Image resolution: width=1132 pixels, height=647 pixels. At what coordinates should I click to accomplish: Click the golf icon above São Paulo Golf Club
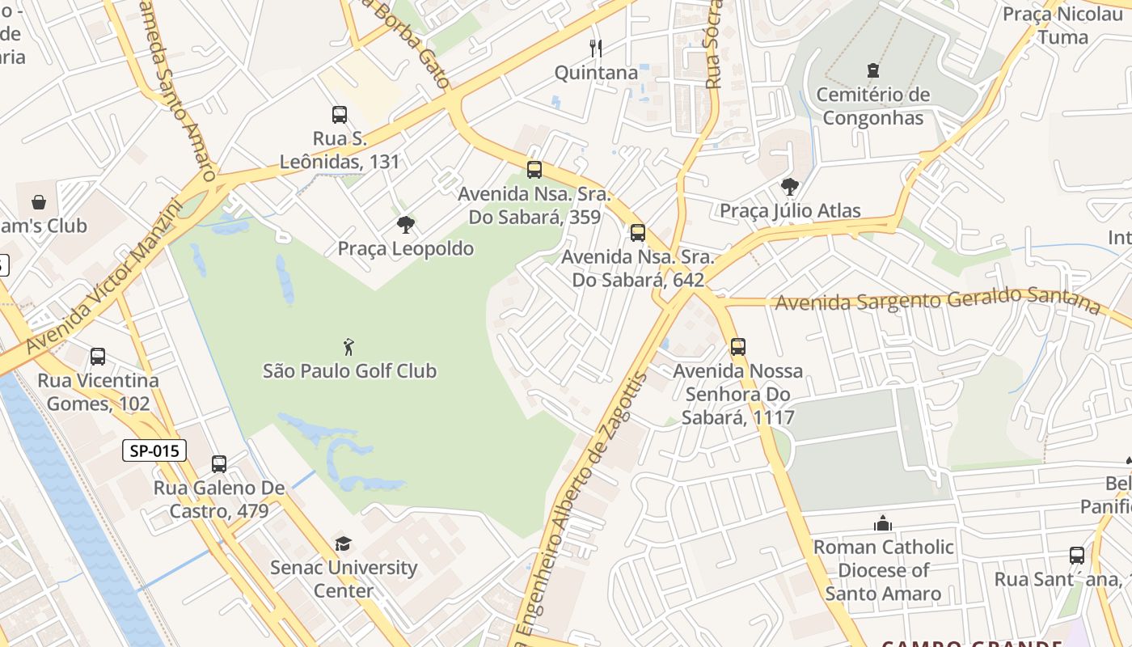pyautogui.click(x=348, y=347)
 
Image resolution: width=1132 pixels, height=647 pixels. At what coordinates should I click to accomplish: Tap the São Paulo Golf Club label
pyautogui.click(x=349, y=371)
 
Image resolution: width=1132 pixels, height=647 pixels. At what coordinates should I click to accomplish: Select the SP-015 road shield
pyautogui.click(x=154, y=450)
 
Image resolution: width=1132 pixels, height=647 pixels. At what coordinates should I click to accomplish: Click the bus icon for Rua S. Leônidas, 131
pyautogui.click(x=340, y=115)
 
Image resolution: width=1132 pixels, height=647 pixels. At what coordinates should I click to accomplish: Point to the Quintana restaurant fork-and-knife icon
pyautogui.click(x=596, y=48)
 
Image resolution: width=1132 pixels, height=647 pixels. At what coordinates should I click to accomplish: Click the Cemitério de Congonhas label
pyautogui.click(x=872, y=106)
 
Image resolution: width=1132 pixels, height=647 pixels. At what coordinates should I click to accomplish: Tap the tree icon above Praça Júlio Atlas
pyautogui.click(x=790, y=188)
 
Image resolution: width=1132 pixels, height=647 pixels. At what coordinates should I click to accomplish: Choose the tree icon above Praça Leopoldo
pyautogui.click(x=406, y=225)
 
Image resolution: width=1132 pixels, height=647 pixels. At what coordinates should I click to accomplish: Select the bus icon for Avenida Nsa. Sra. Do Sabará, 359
pyautogui.click(x=534, y=170)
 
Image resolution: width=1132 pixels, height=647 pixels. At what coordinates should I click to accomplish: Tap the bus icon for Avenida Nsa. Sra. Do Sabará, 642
pyautogui.click(x=638, y=233)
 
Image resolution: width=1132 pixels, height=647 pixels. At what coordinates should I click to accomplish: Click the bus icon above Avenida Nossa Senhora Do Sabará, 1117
pyautogui.click(x=738, y=347)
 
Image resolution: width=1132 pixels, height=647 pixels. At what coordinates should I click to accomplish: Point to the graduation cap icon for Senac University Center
pyautogui.click(x=344, y=543)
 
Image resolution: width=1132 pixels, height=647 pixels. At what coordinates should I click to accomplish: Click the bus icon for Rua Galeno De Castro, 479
pyautogui.click(x=219, y=464)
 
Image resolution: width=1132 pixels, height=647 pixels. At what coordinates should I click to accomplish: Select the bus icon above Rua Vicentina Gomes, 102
pyautogui.click(x=98, y=356)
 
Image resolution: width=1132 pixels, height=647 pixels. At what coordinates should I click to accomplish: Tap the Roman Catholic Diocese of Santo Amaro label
pyautogui.click(x=883, y=570)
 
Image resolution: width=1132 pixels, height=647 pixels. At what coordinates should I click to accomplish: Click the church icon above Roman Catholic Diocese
pyautogui.click(x=883, y=523)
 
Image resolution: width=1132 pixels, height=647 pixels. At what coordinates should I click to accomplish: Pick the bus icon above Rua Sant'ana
pyautogui.click(x=1077, y=556)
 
